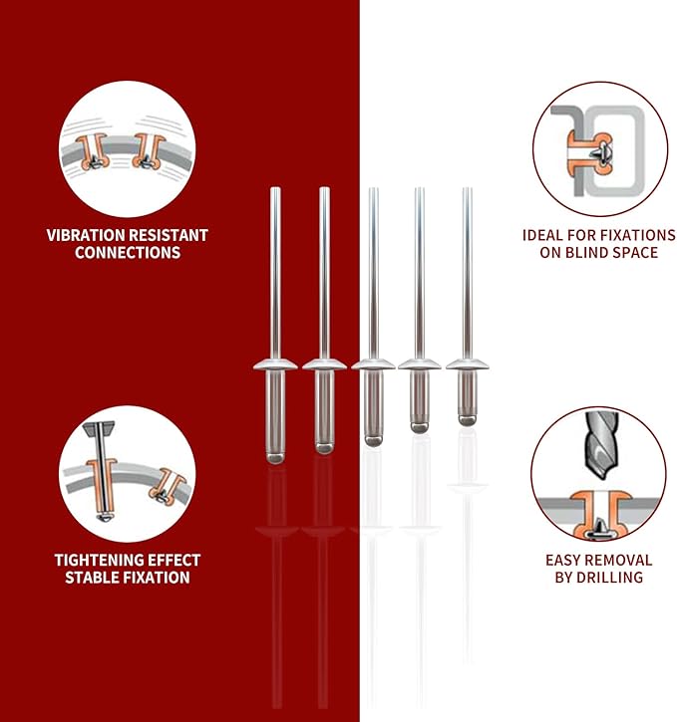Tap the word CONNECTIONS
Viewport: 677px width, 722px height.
tap(128, 253)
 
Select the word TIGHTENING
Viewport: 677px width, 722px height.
tap(92, 561)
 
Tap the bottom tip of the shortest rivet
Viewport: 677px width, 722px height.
tap(467, 424)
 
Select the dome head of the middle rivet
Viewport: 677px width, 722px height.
tap(373, 364)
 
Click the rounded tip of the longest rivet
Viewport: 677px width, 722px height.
tap(275, 458)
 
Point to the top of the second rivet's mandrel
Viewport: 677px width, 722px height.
tap(324, 188)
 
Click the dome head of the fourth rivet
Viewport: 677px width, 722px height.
tap(420, 363)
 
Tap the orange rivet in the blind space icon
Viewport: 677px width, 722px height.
tap(589, 153)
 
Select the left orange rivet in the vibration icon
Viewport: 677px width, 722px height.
tap(93, 151)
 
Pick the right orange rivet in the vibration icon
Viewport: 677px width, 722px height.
tap(149, 151)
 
